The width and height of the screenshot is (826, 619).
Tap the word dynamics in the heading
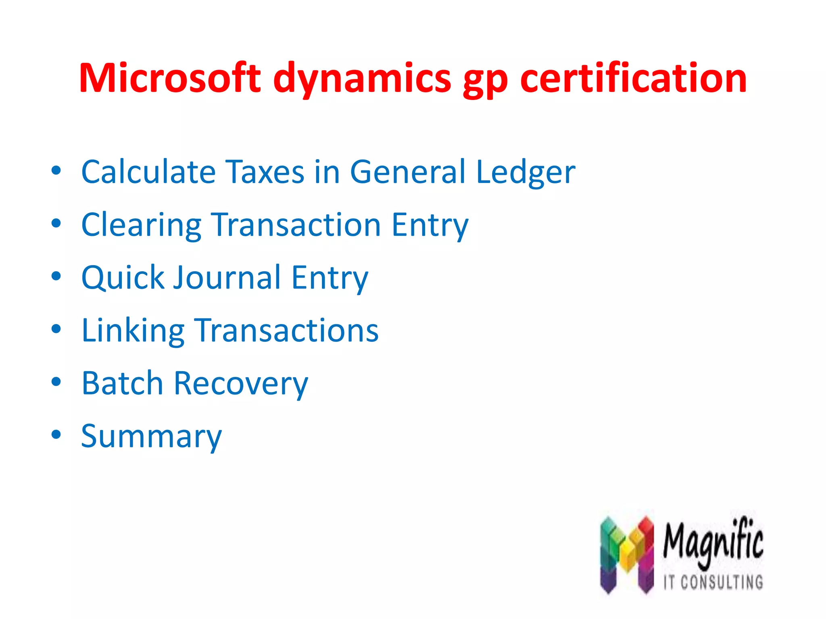[362, 79]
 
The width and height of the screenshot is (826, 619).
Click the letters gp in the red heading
[485, 81]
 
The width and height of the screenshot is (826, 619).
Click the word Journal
[227, 278]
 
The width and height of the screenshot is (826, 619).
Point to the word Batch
[122, 383]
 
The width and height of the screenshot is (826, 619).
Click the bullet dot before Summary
[56, 434]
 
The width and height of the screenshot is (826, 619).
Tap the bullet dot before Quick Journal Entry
[56, 276]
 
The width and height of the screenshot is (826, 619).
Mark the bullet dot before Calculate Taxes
[56, 170]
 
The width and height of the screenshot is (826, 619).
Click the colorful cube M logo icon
[626, 554]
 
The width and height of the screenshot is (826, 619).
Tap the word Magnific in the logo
[713, 542]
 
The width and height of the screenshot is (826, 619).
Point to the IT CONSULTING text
[713, 582]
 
